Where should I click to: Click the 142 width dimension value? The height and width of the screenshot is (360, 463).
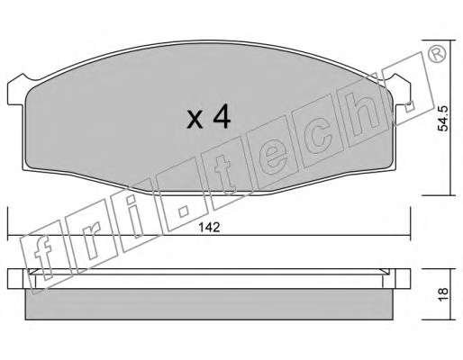(210, 228)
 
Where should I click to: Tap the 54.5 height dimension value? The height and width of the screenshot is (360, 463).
(442, 118)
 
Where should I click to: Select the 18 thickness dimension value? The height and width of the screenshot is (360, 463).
(443, 294)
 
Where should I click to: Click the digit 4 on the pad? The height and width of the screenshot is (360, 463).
(222, 117)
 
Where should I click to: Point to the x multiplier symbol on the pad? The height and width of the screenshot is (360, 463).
(195, 120)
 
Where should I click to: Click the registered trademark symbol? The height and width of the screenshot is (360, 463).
(437, 54)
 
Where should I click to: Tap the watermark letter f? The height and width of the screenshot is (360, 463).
(43, 256)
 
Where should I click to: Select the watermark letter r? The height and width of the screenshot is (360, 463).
(91, 243)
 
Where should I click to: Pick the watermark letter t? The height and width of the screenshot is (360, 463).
(227, 175)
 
